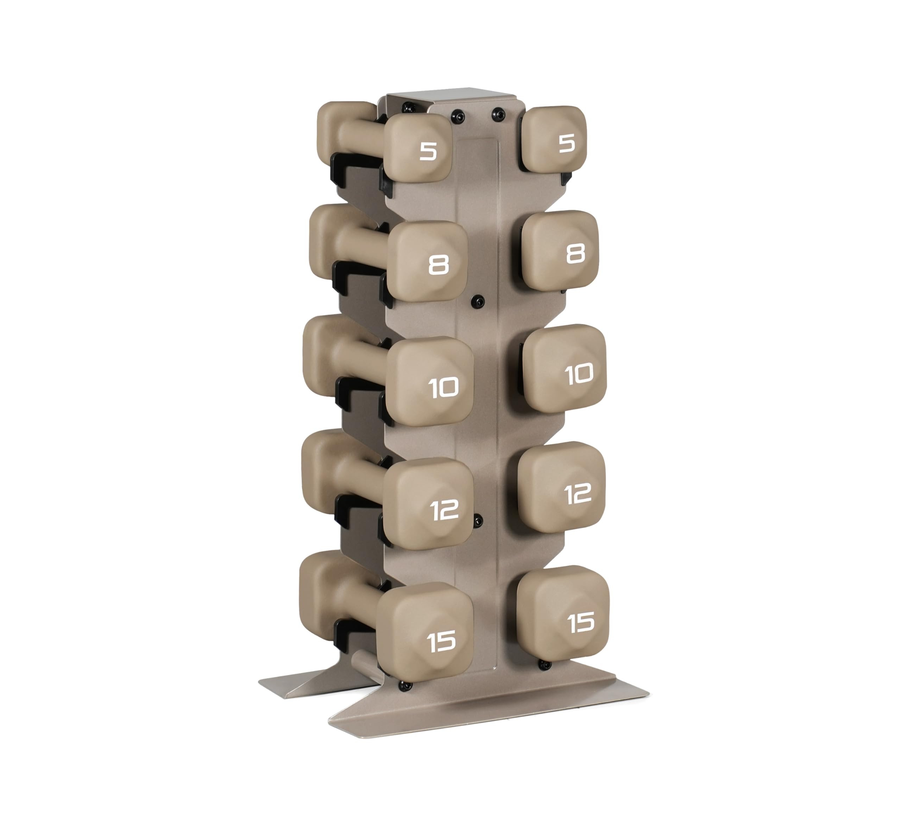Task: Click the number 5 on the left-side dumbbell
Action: pyautogui.click(x=428, y=152)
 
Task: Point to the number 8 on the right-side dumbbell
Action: pyautogui.click(x=575, y=255)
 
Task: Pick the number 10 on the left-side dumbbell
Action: pyautogui.click(x=443, y=387)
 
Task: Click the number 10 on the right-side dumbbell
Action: pyautogui.click(x=579, y=374)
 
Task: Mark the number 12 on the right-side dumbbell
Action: pyautogui.click(x=578, y=494)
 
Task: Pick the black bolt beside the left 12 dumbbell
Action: pyautogui.click(x=478, y=521)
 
